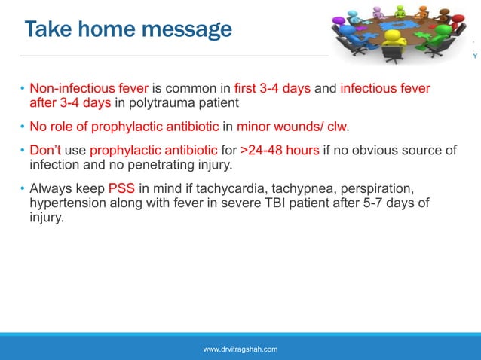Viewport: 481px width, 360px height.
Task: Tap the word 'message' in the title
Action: click(x=187, y=29)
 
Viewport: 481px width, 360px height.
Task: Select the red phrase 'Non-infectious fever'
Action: click(x=89, y=89)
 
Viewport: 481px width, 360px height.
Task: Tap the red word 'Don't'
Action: click(x=44, y=150)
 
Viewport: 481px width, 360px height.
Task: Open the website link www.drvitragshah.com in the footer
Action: click(x=240, y=349)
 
